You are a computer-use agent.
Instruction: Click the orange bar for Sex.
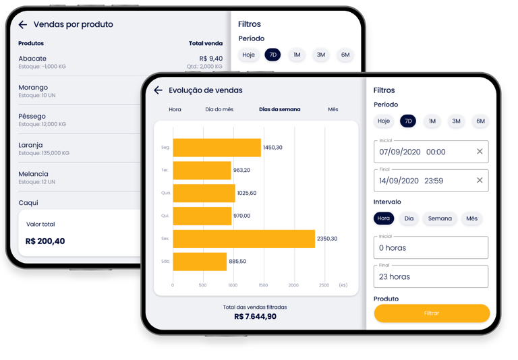tap(243, 239)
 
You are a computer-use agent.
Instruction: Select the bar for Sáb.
tap(200, 262)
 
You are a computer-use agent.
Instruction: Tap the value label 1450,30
tap(272, 147)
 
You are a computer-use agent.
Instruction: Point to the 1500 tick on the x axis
tap(263, 285)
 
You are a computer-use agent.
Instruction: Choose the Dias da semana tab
tap(280, 109)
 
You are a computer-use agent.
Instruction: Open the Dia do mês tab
tap(219, 109)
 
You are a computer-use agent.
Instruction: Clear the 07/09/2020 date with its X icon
tap(480, 152)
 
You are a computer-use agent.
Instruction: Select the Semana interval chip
tap(440, 218)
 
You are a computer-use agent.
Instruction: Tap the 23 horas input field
tap(430, 276)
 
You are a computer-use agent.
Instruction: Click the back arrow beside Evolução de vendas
tap(158, 90)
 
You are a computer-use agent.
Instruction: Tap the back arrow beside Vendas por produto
tap(23, 25)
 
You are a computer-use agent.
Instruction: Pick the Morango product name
tap(33, 88)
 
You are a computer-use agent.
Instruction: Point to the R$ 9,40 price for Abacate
tap(210, 59)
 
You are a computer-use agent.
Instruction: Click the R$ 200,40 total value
tap(45, 241)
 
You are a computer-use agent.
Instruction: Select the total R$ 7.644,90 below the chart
tap(255, 316)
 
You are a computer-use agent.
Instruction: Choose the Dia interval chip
tap(409, 218)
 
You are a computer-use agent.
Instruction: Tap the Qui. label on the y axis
tap(166, 216)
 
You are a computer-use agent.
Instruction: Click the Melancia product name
tap(34, 174)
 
